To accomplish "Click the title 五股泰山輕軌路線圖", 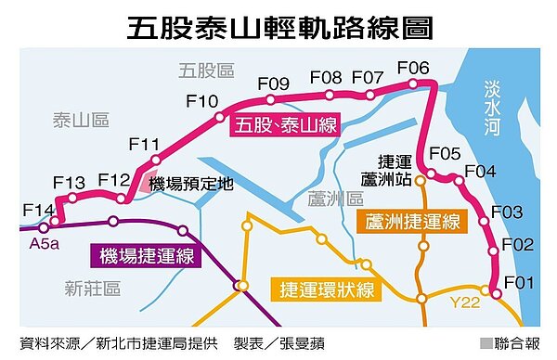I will click(278, 26).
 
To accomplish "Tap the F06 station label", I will click(413, 68).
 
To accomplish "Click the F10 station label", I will click(201, 100).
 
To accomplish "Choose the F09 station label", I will click(275, 84).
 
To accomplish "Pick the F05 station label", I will click(445, 153).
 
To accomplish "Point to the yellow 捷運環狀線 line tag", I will click(328, 289).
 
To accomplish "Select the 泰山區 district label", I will click(82, 120).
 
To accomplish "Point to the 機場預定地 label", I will click(190, 184).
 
